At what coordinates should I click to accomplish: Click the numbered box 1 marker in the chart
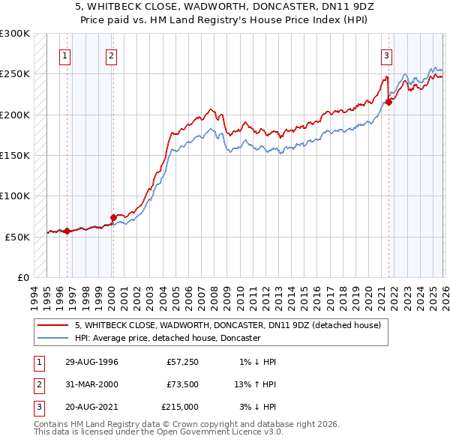(65, 55)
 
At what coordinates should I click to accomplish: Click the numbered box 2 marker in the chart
(111, 55)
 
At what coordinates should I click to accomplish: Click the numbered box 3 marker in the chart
(387, 55)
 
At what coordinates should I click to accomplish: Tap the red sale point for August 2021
(389, 103)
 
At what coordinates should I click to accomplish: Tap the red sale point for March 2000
(113, 217)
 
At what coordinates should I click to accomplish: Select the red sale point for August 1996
(67, 231)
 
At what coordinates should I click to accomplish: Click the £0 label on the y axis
(22, 277)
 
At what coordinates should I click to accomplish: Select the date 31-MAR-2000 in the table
(91, 384)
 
